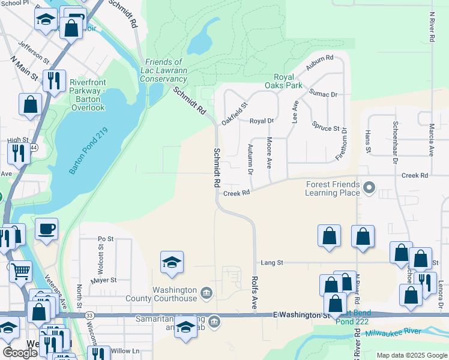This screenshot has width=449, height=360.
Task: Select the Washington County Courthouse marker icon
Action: (206, 292)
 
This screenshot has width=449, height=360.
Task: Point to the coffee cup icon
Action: (46, 229)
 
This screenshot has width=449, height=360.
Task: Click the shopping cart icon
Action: (20, 271)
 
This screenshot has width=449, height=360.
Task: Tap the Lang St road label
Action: (271, 262)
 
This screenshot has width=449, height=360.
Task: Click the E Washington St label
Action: (301, 314)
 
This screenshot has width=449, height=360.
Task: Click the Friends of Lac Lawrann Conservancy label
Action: (165, 70)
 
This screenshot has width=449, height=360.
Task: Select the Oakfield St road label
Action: (234, 112)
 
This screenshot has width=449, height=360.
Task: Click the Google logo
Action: (20, 352)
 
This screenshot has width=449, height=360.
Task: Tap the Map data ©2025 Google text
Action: (411, 355)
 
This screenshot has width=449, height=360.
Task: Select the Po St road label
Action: (106, 239)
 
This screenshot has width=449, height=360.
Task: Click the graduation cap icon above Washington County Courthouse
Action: (172, 262)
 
